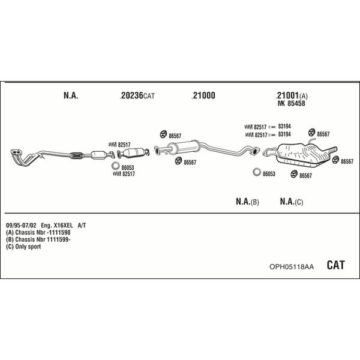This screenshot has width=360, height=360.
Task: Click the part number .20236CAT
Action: [x=137, y=95]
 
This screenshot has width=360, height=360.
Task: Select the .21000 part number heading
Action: [x=203, y=95]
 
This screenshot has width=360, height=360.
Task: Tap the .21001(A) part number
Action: [x=291, y=95]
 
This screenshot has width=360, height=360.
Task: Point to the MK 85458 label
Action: [x=292, y=103]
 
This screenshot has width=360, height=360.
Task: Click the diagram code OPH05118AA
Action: [x=292, y=266]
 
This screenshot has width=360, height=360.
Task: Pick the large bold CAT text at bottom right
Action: [x=335, y=265]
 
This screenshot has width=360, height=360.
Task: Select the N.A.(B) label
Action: [x=247, y=202]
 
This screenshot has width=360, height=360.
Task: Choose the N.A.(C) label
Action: [x=292, y=202]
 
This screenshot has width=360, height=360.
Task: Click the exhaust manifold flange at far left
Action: [x=16, y=152]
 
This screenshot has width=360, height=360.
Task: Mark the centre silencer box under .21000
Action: [x=183, y=147]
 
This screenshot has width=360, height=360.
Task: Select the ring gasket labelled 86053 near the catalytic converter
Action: [x=115, y=166]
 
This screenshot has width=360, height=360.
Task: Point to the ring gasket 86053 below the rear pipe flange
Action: [x=257, y=172]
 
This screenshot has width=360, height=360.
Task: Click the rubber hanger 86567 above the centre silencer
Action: [x=163, y=134]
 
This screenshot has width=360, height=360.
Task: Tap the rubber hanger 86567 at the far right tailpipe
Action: [x=335, y=160]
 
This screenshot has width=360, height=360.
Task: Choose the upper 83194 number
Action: [x=284, y=126]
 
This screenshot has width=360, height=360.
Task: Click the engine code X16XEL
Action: [x=63, y=225]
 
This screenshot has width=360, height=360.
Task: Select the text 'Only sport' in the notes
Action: [x=28, y=247]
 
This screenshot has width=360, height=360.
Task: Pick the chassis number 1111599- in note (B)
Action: [x=59, y=239]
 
